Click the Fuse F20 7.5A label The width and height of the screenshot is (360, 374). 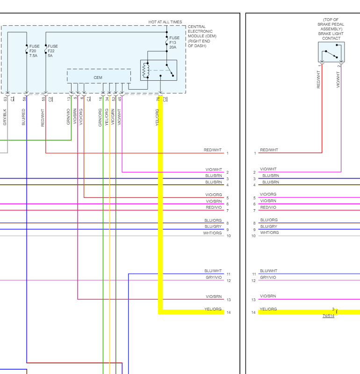(x=34, y=51)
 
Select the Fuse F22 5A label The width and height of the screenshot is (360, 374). (x=52, y=51)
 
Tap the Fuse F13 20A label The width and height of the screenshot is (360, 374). (x=174, y=42)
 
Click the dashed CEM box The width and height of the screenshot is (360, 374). (x=98, y=77)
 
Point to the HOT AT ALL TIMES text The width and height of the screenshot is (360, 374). (x=165, y=22)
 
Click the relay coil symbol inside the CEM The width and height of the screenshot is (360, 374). (x=146, y=70)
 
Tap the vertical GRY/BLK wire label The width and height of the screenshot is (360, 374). (x=5, y=117)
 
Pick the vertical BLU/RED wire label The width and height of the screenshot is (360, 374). (x=24, y=117)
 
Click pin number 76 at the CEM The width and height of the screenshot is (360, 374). (x=158, y=99)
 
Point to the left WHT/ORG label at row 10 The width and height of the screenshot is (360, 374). (x=213, y=233)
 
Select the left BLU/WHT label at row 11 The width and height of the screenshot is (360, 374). (x=213, y=271)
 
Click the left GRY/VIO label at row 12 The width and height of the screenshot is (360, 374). (x=214, y=277)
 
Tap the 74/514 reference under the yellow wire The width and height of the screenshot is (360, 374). (x=328, y=316)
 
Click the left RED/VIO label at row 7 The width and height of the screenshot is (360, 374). (x=214, y=207)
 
